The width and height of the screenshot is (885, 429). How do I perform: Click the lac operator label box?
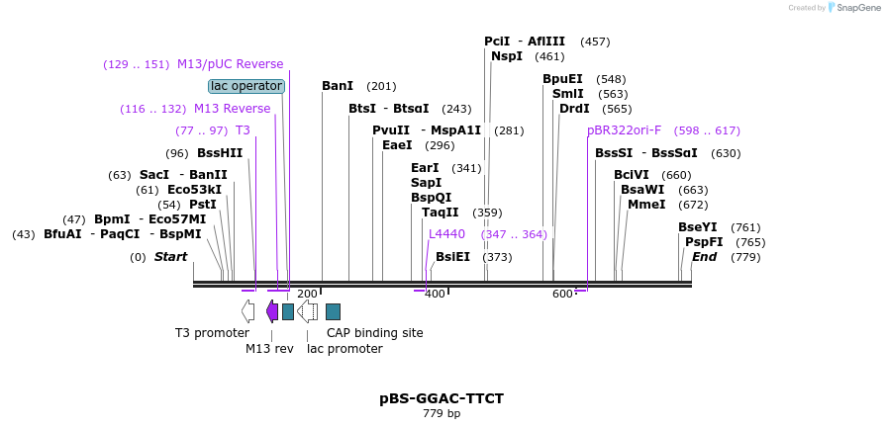click(246, 86)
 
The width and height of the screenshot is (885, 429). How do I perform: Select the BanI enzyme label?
click(338, 86)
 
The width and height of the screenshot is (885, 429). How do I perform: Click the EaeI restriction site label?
click(397, 145)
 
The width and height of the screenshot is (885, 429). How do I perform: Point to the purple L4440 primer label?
click(446, 234)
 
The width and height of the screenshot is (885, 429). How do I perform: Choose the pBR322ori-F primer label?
click(624, 130)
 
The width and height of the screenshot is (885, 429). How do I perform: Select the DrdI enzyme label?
click(574, 109)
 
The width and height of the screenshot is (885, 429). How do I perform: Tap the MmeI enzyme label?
click(646, 205)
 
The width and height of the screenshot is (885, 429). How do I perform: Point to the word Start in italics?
click(170, 257)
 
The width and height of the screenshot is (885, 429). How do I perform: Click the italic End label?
click(704, 257)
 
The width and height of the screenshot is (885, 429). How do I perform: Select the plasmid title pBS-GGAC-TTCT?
click(442, 398)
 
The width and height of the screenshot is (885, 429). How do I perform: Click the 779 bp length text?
click(442, 413)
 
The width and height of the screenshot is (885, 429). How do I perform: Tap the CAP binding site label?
click(375, 333)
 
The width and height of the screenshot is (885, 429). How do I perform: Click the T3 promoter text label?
click(212, 333)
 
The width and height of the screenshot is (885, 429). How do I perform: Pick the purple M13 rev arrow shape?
click(272, 311)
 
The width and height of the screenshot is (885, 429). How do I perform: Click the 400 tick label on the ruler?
click(435, 294)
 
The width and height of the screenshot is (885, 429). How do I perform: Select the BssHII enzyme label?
click(220, 153)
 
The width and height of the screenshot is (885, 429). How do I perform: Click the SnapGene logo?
click(850, 8)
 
